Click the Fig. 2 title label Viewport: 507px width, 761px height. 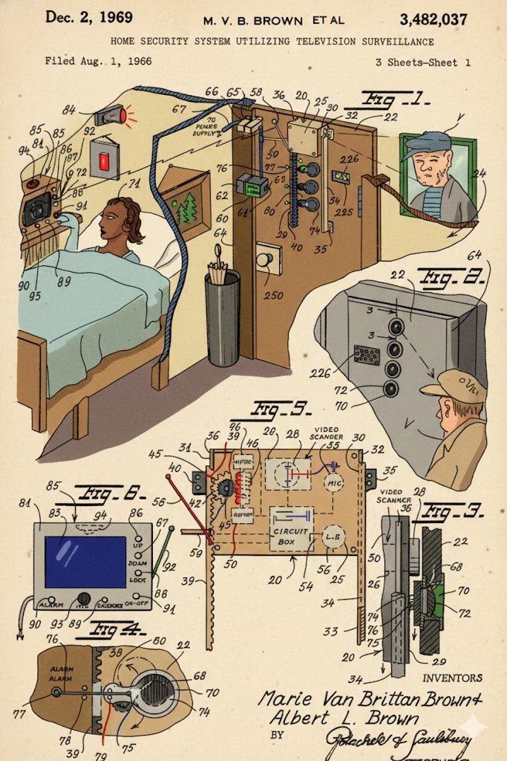click(x=443, y=280)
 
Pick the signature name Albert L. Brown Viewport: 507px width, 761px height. click(x=343, y=719)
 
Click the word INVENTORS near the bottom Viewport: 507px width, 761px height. click(x=452, y=678)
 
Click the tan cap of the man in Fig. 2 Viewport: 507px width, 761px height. click(x=448, y=383)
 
